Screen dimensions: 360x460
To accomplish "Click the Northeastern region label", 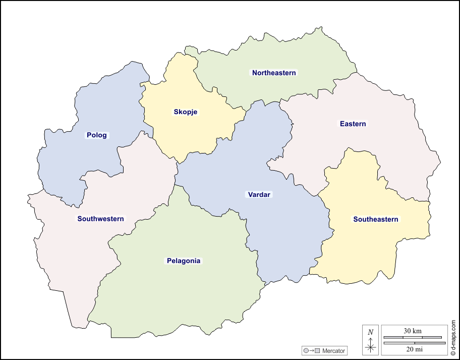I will (x=274, y=73).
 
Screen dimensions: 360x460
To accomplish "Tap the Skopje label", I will (x=185, y=112).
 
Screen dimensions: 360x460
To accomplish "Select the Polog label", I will (x=97, y=135).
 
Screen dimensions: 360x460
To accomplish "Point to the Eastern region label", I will (x=353, y=124).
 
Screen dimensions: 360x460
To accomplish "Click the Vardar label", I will (x=259, y=194).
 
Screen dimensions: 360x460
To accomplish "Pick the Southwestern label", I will (x=100, y=219).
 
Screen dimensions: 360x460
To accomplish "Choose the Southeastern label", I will (x=376, y=219).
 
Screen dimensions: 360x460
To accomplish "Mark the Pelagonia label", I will (x=184, y=261).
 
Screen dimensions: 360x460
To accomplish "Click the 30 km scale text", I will (x=413, y=331).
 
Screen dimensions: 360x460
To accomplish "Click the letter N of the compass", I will (x=371, y=332).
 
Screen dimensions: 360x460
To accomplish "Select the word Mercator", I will (x=333, y=350).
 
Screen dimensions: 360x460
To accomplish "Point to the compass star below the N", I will (x=371, y=346).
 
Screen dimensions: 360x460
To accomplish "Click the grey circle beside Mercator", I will (x=306, y=350).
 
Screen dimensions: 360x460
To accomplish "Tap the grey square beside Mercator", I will (x=317, y=350).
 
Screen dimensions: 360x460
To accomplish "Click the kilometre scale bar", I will (x=413, y=337).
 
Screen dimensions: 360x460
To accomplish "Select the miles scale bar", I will (x=415, y=343).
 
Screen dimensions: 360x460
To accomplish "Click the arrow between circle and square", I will (x=312, y=350).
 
